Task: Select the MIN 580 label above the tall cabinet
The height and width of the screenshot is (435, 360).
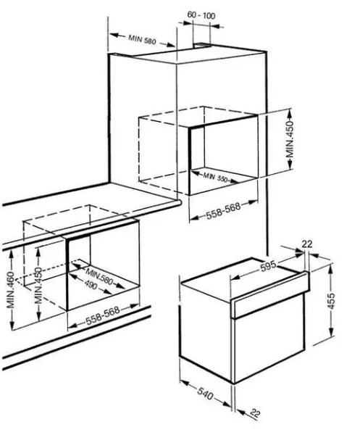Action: click(x=143, y=38)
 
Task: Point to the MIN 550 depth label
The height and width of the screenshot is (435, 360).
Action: click(x=217, y=177)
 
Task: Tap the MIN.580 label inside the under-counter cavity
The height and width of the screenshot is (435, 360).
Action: click(x=99, y=277)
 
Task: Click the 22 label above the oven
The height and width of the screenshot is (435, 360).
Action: click(x=306, y=244)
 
